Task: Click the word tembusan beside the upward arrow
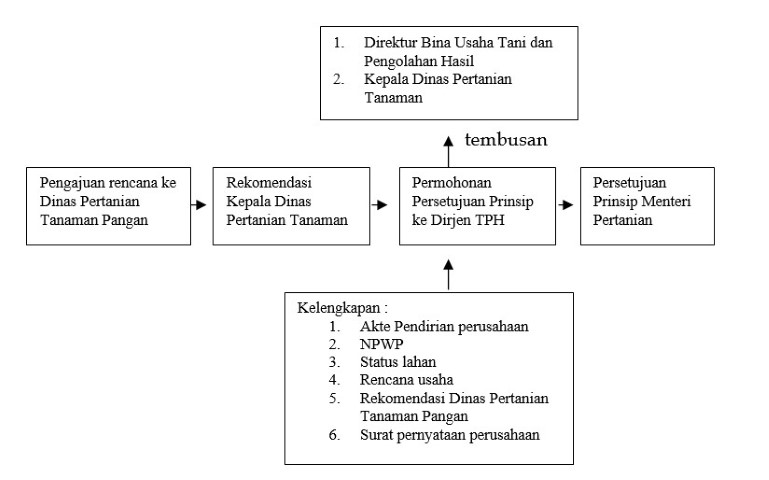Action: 506,140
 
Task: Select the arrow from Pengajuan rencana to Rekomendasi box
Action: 199,204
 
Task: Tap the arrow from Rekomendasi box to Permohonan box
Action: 379,204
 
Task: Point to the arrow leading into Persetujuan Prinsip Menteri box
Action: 565,204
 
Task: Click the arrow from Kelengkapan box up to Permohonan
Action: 448,275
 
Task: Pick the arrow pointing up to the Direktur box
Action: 448,152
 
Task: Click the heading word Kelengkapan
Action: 338,308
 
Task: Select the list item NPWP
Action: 381,344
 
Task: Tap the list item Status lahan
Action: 398,362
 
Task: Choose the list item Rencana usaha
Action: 407,379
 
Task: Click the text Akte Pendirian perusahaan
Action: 444,327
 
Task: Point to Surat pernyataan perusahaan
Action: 450,435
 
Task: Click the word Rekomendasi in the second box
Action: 269,183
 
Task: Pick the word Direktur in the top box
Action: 390,43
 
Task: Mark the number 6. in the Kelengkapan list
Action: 334,435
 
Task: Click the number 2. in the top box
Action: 338,79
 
